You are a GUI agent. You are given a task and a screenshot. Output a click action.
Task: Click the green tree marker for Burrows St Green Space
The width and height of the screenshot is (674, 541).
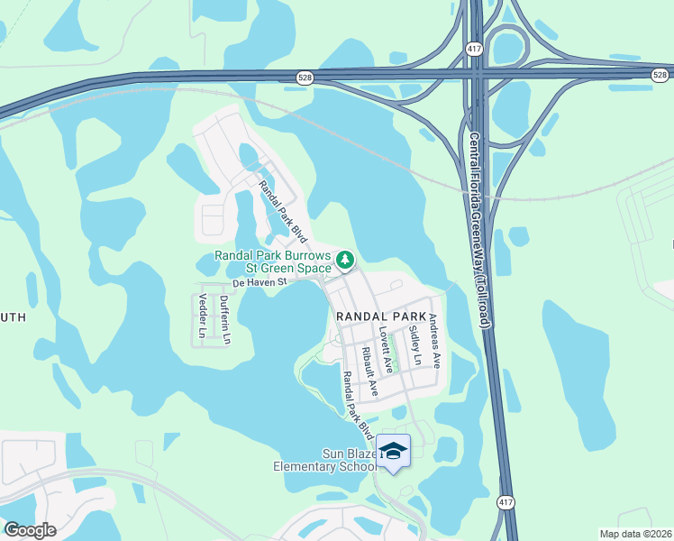coord(344,261)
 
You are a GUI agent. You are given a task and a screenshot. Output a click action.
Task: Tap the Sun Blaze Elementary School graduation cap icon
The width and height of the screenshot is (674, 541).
coord(393,450)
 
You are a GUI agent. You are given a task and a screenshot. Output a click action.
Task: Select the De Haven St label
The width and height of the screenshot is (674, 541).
coord(259,282)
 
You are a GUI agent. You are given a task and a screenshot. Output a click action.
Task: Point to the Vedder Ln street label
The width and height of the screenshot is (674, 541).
coord(203,316)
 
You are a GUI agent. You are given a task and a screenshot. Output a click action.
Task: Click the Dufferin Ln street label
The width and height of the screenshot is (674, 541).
coord(225,322)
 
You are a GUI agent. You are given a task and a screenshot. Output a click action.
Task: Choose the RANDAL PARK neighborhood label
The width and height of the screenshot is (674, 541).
coord(380,316)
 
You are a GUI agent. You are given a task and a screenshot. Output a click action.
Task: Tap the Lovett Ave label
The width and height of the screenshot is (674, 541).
coord(386,351)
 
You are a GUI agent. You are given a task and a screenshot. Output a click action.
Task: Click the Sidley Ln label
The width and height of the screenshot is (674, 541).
coord(414,345)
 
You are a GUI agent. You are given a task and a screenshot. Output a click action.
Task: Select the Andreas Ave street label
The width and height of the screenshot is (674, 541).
coord(435,341)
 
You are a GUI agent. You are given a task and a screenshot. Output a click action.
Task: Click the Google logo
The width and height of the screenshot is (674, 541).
coord(30,530)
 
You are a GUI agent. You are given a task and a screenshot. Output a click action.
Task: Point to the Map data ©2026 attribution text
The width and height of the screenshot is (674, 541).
coord(636,534)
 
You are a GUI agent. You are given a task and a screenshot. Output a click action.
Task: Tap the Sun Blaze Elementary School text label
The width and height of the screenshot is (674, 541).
coord(326,460)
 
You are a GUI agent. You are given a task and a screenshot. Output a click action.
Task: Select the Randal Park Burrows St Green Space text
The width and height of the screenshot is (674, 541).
coord(273,261)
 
